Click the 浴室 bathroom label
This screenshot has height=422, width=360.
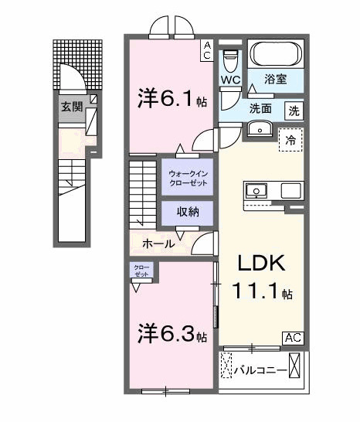[276, 78]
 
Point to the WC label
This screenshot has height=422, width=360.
[230, 80]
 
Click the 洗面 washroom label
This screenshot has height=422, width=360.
[260, 109]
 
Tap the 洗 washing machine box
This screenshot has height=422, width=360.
[294, 111]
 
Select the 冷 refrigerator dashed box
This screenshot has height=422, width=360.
[291, 141]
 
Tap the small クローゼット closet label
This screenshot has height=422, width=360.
[141, 271]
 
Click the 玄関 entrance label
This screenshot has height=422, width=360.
[73, 107]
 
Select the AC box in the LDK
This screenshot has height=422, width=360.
[293, 338]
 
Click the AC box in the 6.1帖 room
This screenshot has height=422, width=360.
[207, 50]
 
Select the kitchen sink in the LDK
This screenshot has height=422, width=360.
[256, 190]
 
